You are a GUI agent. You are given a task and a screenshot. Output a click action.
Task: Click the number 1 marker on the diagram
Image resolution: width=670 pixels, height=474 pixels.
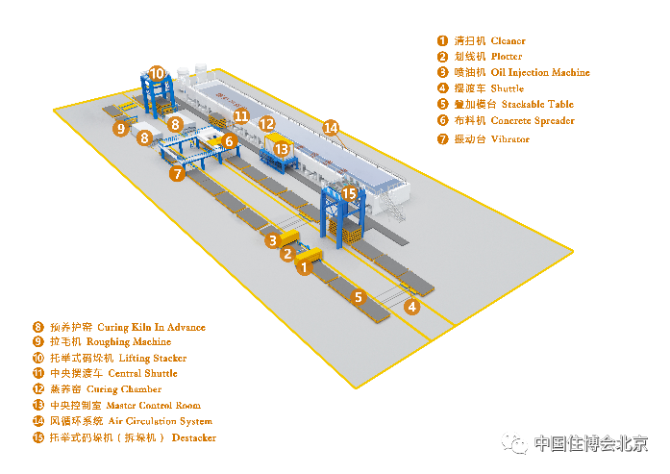point(304,268)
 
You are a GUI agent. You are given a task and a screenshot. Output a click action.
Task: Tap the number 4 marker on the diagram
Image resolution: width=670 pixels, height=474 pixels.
point(411,307)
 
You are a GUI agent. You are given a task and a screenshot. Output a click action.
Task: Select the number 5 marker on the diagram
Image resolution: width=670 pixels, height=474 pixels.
point(359,297)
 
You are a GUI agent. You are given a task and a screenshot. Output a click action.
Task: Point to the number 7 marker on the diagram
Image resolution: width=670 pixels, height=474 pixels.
point(176,174)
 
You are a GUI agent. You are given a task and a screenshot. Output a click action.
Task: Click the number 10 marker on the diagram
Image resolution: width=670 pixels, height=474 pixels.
point(157,72)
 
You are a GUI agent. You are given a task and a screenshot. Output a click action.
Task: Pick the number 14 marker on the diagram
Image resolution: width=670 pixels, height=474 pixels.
point(331,127)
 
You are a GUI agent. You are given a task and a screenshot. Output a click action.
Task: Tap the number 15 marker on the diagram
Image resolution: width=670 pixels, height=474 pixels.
point(350,194)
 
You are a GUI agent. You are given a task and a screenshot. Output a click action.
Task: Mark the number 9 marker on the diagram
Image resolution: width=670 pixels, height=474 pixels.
point(120,128)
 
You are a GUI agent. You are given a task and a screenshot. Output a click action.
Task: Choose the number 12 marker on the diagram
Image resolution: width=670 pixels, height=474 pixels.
point(267,124)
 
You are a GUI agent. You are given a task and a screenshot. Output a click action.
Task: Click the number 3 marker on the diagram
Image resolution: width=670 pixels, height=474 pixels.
point(274,240)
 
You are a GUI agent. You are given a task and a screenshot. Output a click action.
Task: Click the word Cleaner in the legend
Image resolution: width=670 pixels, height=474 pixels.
point(508,41)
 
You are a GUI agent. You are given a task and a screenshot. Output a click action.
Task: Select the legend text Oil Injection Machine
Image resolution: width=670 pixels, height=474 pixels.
point(539,73)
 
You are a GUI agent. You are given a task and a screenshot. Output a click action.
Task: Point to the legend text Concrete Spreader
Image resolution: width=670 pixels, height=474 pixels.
point(532,121)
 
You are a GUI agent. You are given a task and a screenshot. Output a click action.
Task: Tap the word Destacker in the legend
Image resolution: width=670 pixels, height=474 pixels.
point(194,438)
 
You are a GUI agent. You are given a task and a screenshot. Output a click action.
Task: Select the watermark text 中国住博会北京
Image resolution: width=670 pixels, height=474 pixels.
point(589,443)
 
